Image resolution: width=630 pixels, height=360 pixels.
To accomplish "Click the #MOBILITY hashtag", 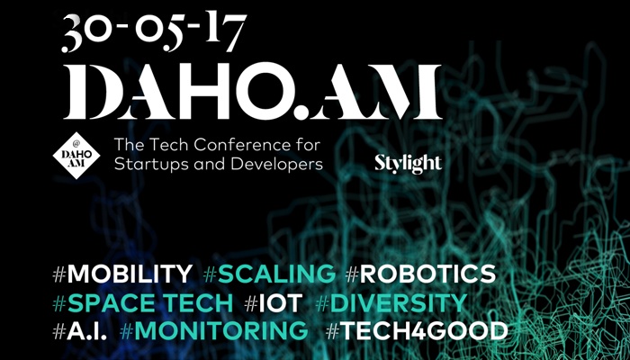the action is [x=122, y=274].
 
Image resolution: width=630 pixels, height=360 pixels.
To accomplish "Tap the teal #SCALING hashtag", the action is [x=269, y=274].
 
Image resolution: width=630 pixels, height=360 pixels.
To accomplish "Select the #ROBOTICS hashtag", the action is [x=420, y=274].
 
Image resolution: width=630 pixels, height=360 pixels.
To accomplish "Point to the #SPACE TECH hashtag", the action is [x=142, y=303].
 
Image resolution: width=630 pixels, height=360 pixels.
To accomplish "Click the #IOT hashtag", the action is [x=274, y=303].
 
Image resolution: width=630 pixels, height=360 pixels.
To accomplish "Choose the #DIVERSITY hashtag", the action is [x=391, y=303].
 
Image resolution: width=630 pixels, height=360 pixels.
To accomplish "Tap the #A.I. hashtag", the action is [x=80, y=331].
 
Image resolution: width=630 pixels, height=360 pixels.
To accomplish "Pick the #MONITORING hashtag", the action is [x=214, y=331].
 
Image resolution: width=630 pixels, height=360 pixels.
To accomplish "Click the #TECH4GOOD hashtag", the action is [x=417, y=331].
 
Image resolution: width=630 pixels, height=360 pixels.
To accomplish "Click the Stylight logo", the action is [x=409, y=164].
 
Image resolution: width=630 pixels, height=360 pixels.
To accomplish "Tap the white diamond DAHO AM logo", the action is [x=76, y=156].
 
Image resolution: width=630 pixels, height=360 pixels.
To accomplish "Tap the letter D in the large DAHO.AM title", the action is [x=91, y=92].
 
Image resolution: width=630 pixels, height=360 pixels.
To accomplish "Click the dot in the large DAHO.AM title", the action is [x=300, y=112].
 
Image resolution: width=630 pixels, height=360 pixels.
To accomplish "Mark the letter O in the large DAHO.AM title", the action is [x=262, y=92].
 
